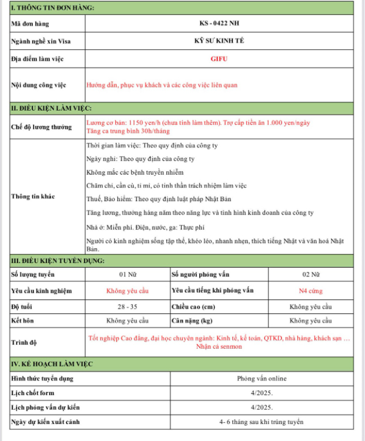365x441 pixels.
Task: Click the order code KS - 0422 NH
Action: [219, 24]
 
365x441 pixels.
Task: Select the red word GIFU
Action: [219, 59]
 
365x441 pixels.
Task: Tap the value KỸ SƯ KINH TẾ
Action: [219, 41]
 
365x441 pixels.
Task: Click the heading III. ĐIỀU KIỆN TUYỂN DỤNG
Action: [58, 260]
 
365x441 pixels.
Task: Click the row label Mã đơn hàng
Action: [30, 24]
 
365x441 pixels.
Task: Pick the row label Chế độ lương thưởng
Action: [41, 126]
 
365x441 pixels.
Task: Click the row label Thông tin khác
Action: [33, 196]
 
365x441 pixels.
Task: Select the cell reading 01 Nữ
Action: [128, 275]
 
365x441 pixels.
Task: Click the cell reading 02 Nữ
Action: [310, 275]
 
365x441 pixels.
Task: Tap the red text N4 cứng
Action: [310, 290]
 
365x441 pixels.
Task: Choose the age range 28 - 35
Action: [128, 306]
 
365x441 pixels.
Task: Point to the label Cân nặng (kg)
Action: [192, 320]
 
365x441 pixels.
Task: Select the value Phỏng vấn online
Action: [262, 378]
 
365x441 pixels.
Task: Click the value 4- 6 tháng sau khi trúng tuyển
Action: [262, 422]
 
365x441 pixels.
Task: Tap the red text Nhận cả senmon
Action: [219, 346]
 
